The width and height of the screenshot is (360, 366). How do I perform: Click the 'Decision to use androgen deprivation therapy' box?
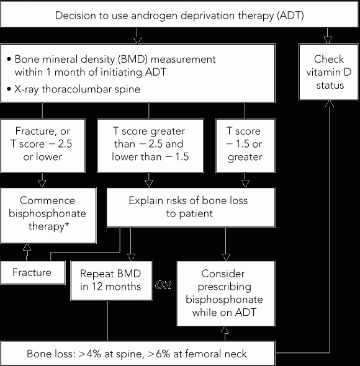(x=179, y=14)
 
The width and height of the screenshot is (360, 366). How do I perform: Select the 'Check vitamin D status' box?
(x=328, y=72)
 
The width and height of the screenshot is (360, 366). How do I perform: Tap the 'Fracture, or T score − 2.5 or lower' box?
(x=43, y=146)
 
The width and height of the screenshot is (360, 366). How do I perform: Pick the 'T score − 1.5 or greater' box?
(x=245, y=146)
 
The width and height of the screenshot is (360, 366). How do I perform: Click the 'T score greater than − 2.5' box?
(x=150, y=146)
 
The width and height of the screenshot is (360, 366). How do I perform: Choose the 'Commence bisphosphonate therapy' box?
(x=48, y=215)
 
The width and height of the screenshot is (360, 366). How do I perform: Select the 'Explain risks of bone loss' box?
(x=191, y=207)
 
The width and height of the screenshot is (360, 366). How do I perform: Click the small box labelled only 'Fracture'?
(x=33, y=272)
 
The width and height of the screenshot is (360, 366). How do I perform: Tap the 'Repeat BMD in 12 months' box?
(x=111, y=280)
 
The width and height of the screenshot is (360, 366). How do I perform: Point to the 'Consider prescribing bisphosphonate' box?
(x=226, y=293)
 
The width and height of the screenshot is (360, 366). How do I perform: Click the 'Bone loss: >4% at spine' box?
(x=138, y=354)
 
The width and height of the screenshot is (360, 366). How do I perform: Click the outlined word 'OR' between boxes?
(x=163, y=285)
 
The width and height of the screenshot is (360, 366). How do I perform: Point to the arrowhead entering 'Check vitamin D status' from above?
(x=328, y=40)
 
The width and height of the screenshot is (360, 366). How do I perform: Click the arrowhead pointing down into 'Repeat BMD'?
(x=131, y=257)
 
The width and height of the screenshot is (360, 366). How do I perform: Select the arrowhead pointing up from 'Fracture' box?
(x=27, y=247)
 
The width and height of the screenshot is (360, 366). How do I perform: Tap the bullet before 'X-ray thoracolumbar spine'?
(x=9, y=89)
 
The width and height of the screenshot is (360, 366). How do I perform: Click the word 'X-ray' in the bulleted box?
(x=27, y=89)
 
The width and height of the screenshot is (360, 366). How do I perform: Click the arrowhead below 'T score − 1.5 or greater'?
(x=245, y=184)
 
